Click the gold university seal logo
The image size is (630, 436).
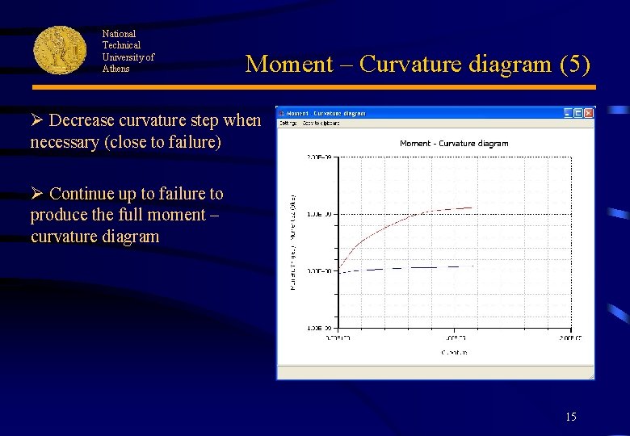pyautogui.click(x=60, y=50)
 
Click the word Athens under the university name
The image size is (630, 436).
pyautogui.click(x=115, y=69)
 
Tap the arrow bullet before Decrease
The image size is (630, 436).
pyautogui.click(x=36, y=121)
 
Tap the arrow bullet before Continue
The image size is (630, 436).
pyautogui.click(x=36, y=195)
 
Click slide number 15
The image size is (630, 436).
pyautogui.click(x=571, y=417)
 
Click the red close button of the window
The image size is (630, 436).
pyautogui.click(x=589, y=113)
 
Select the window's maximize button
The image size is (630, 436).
pyautogui.click(x=578, y=113)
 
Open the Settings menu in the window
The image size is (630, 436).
pyautogui.click(x=288, y=123)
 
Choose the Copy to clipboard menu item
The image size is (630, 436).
pyautogui.click(x=321, y=123)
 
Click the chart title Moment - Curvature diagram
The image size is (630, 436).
pyautogui.click(x=454, y=144)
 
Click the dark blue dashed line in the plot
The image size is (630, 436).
pyautogui.click(x=404, y=267)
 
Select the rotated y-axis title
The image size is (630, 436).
pyautogui.click(x=293, y=241)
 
